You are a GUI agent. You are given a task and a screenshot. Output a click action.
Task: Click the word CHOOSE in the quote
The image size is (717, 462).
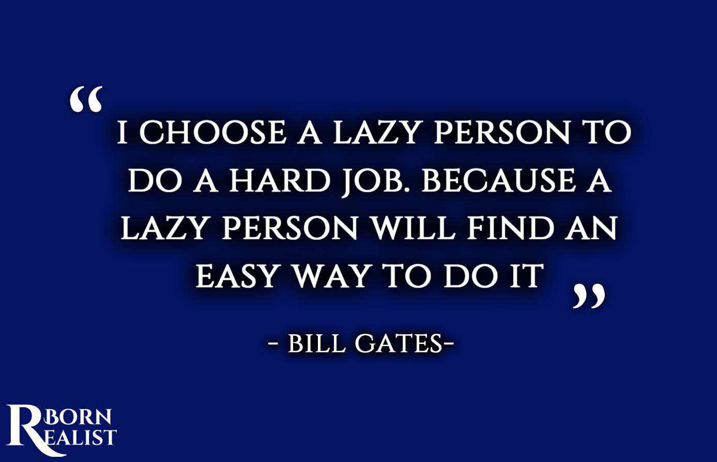[213, 132]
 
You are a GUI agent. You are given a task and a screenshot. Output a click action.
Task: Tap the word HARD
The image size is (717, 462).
[280, 181]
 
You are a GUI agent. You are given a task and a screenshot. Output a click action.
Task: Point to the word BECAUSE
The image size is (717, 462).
[499, 181]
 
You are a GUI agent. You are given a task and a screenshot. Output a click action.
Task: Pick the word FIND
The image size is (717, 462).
[511, 228]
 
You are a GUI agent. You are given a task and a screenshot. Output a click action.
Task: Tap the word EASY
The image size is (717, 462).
[236, 276]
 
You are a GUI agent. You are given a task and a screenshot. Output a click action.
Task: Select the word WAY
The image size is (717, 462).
[333, 276]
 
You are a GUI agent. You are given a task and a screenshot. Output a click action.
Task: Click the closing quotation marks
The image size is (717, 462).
[589, 295]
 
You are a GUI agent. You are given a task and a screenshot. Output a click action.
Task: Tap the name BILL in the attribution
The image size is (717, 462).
[316, 344]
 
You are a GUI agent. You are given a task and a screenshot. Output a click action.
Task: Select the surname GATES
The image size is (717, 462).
[399, 344]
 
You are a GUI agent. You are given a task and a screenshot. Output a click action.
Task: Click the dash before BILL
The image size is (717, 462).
[273, 345]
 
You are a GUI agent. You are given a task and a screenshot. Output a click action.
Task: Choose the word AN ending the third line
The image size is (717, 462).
[590, 228]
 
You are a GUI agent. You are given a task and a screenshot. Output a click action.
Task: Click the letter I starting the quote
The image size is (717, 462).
[123, 132]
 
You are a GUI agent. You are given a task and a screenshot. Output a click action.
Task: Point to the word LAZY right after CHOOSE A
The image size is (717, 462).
[376, 132]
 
